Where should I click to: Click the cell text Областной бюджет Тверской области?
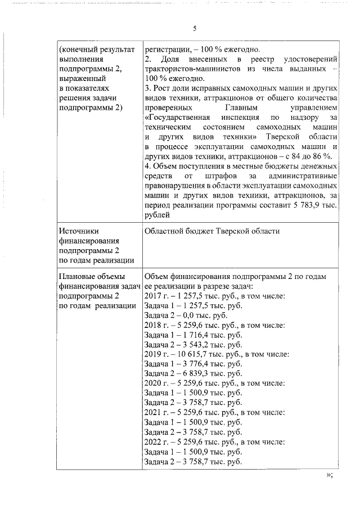pyautogui.click(x=211, y=231)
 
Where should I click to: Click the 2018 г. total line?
pyautogui.click(x=217, y=325)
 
